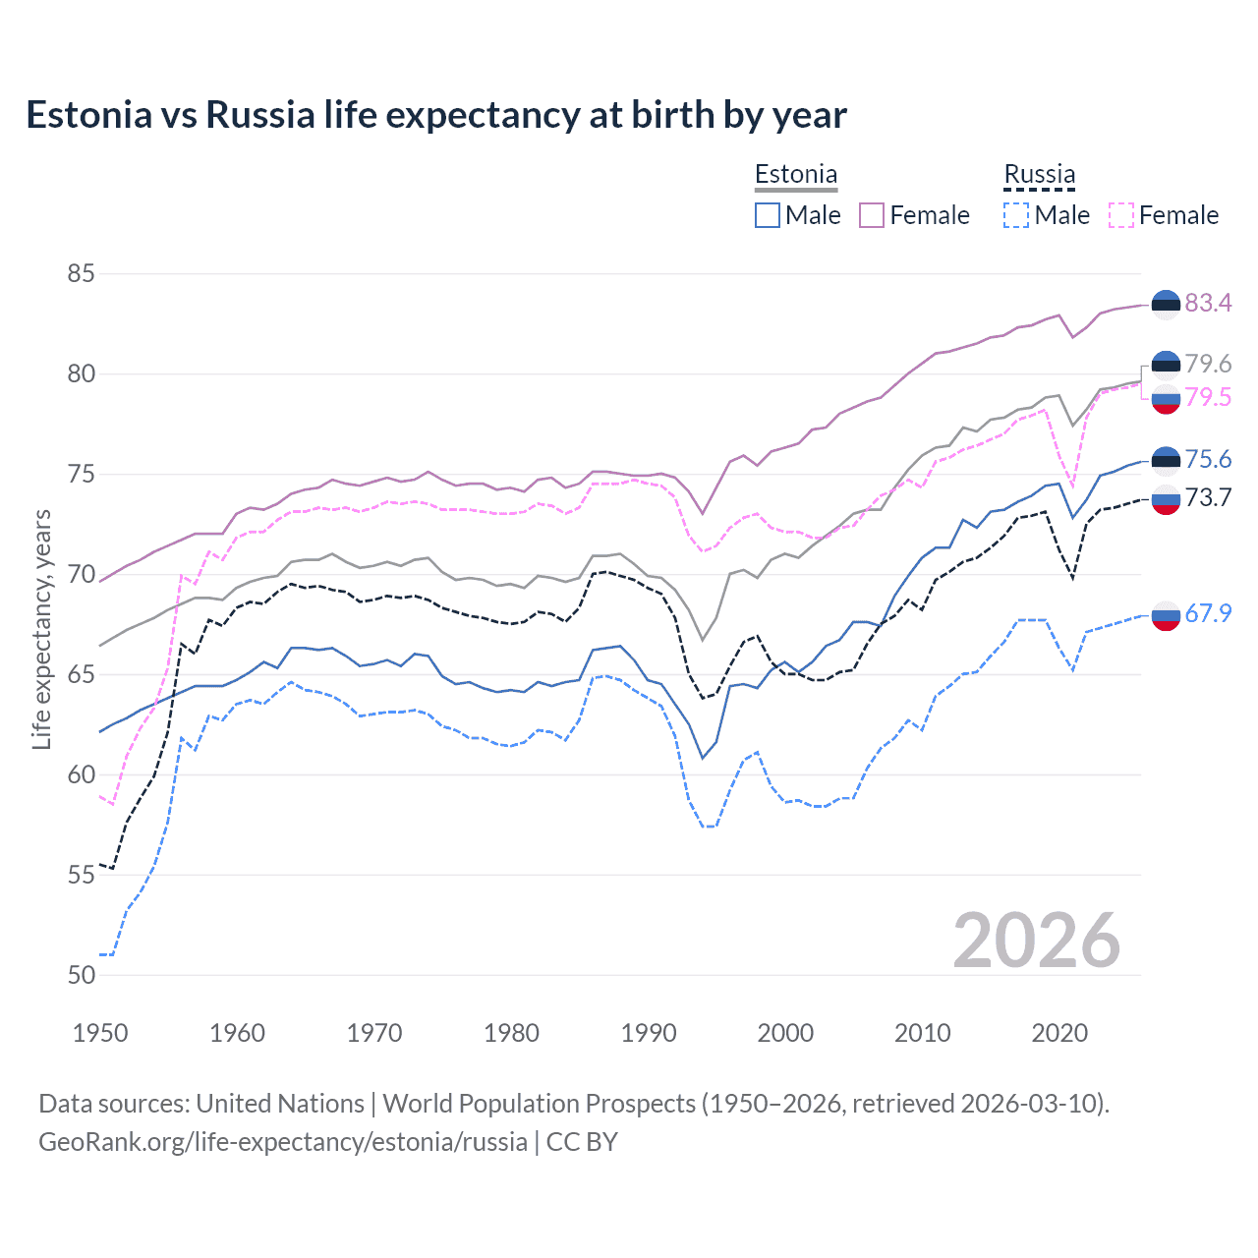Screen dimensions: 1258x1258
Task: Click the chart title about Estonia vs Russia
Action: [x=435, y=115]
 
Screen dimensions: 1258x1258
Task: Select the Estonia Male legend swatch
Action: [x=768, y=215]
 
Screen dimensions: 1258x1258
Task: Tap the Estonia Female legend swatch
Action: [x=872, y=215]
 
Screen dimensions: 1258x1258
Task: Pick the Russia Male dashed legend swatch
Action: [x=1016, y=215]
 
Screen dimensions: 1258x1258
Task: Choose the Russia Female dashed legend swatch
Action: [x=1120, y=215]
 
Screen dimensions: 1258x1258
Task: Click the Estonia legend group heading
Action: [x=796, y=175]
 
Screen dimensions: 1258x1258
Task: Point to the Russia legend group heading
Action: [x=1039, y=175]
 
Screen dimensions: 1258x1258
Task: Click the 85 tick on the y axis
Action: [x=81, y=273]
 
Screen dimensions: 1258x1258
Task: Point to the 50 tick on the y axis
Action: [x=81, y=975]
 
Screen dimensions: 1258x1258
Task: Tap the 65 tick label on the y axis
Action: [x=81, y=674]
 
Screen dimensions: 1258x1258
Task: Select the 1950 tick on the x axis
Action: [x=100, y=1033]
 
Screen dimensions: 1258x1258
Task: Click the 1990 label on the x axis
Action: [x=649, y=1033]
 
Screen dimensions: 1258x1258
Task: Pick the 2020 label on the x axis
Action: [x=1059, y=1033]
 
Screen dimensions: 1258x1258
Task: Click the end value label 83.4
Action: [x=1208, y=304]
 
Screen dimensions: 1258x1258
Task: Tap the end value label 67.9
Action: [x=1208, y=614]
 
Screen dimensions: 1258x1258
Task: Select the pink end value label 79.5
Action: [x=1208, y=397]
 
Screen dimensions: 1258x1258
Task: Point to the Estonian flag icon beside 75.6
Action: [x=1166, y=460]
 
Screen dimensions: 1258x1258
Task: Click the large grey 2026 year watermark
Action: [x=1036, y=941]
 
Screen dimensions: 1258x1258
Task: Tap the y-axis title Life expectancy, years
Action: [x=41, y=629]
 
